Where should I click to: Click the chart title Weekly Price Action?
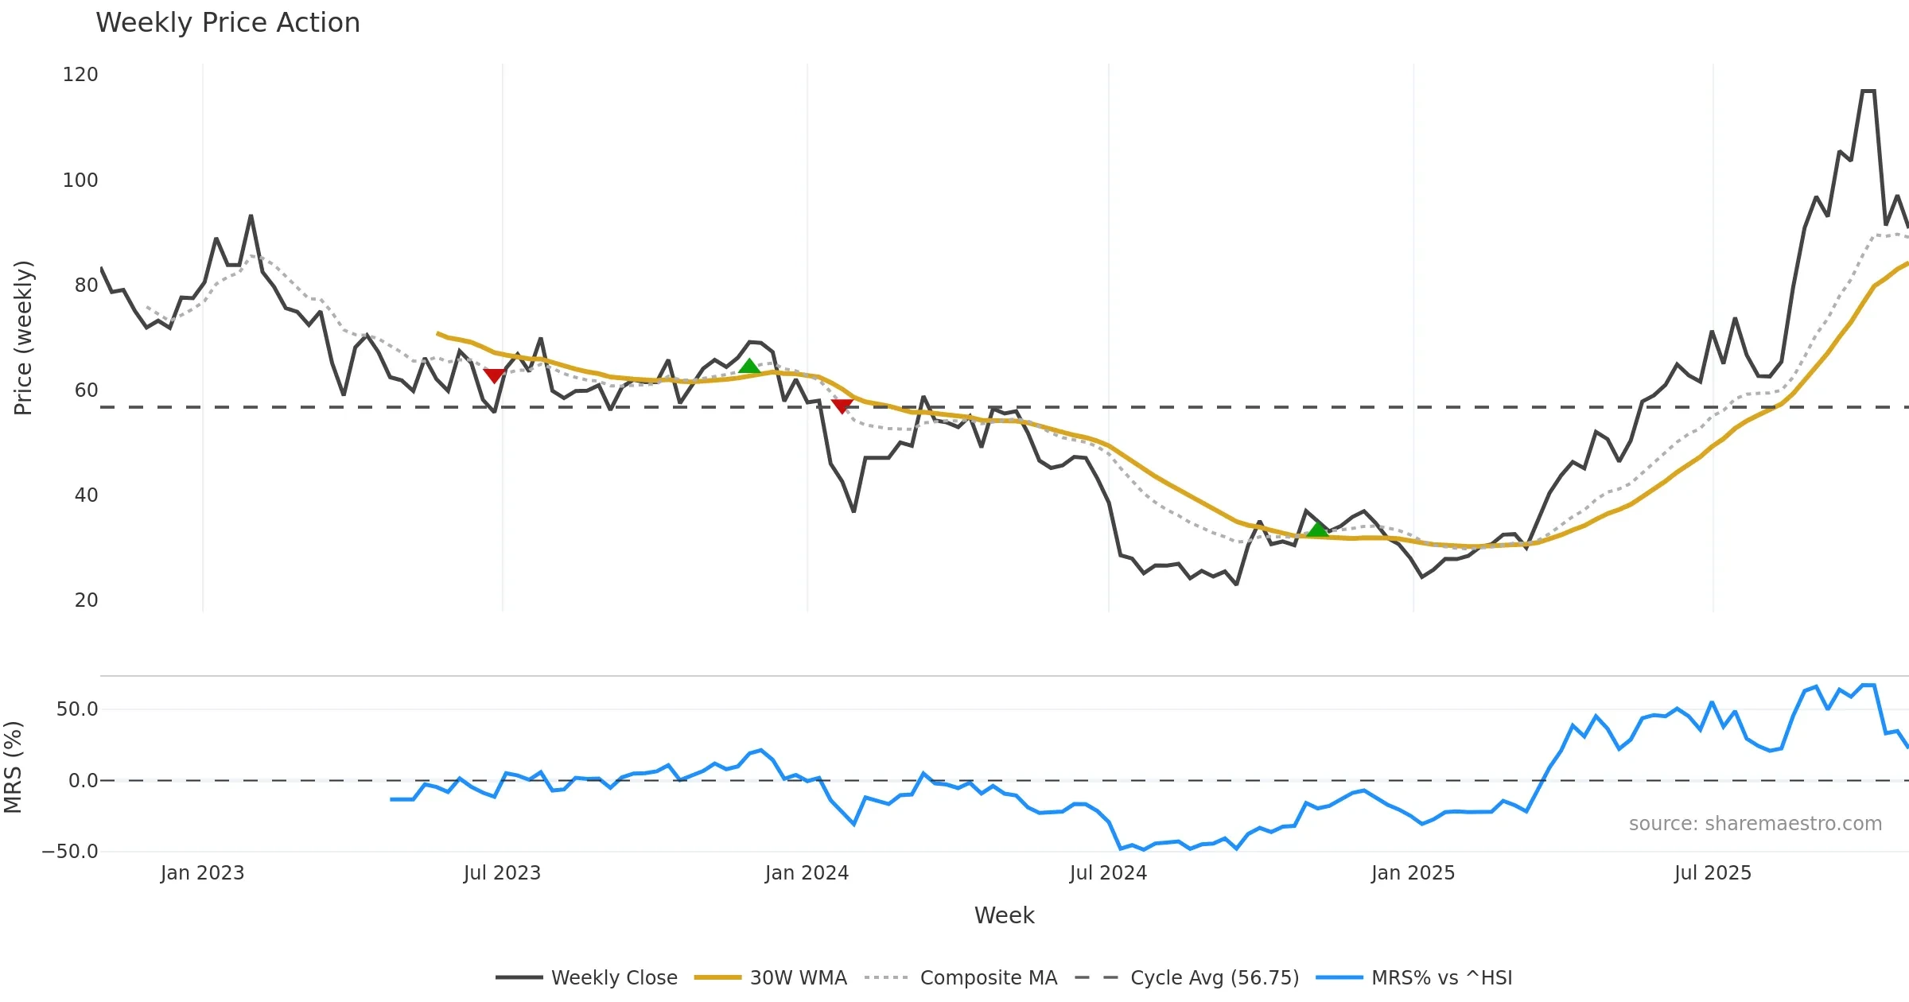click(227, 23)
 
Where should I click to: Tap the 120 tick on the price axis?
click(80, 75)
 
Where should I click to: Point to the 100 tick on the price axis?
click(80, 181)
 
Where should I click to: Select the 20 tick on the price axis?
click(86, 600)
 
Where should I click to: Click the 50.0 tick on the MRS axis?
click(77, 709)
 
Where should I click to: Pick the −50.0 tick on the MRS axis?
click(70, 852)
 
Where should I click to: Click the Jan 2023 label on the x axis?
click(202, 873)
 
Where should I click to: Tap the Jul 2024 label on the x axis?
click(1108, 873)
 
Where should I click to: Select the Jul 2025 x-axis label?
click(1713, 873)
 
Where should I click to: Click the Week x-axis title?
click(1004, 916)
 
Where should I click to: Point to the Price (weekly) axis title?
click(24, 338)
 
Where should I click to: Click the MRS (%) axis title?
click(14, 767)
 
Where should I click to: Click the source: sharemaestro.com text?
click(1755, 824)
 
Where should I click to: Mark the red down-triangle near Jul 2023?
click(494, 375)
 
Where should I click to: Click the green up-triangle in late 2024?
click(1318, 530)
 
